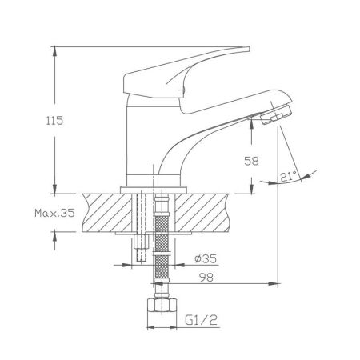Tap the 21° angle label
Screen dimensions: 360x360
289,178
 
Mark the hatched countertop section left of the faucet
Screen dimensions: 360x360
100,211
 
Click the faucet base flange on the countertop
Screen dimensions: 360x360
153,188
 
